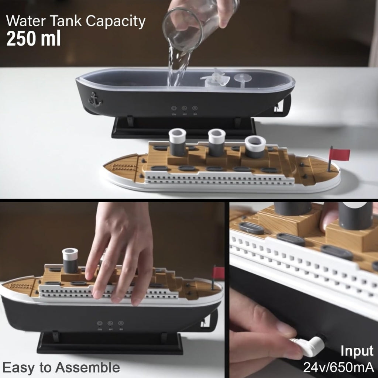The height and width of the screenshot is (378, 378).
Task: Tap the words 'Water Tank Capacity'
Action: (76, 21)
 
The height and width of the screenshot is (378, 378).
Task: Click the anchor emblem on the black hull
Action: (94, 100)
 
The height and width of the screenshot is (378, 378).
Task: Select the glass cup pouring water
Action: (185, 30)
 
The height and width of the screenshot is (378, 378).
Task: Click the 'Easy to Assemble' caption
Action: (61, 367)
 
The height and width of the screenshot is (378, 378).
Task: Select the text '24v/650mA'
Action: (339, 367)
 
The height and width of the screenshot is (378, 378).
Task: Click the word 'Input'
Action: (357, 351)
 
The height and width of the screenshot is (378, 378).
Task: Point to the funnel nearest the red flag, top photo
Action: (255, 147)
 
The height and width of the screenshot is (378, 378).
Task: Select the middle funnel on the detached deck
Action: (217, 142)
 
